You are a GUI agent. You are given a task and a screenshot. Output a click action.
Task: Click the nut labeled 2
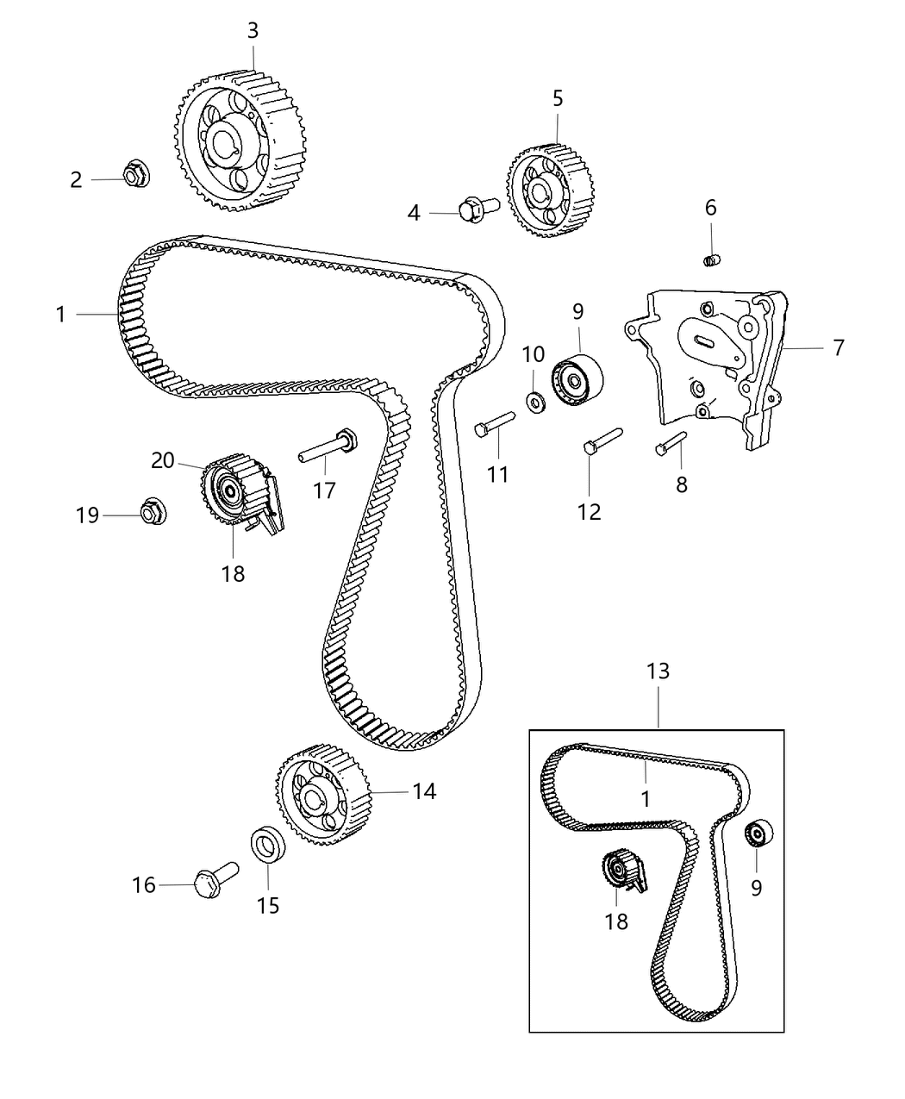(134, 175)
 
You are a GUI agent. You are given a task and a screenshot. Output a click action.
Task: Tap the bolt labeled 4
(476, 208)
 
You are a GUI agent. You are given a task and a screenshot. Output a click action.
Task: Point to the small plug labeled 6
(711, 258)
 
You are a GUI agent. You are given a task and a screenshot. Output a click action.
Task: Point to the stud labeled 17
(329, 446)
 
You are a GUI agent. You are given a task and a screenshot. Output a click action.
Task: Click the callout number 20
(163, 461)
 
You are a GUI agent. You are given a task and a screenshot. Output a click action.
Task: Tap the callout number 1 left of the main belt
(61, 315)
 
